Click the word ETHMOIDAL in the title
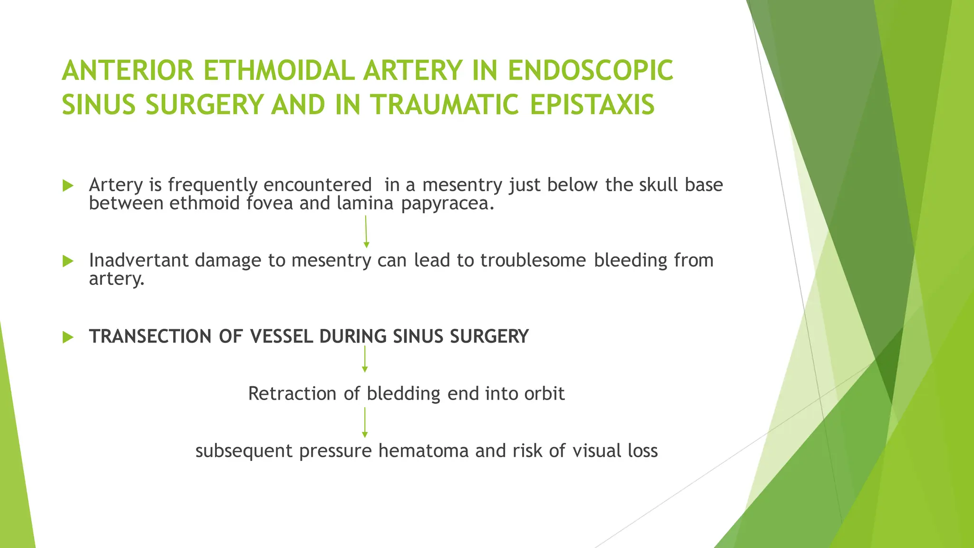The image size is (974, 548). tap(279, 70)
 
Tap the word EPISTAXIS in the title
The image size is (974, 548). tap(592, 105)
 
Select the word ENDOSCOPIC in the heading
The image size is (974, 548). tap(590, 70)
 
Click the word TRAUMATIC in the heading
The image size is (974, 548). tap(444, 105)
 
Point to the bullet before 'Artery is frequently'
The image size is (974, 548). tap(68, 186)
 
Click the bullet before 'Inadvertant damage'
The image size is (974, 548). tap(68, 261)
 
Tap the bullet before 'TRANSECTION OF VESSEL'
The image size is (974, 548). tap(68, 337)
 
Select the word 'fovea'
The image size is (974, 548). tap(269, 203)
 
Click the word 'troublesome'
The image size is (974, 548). tap(533, 260)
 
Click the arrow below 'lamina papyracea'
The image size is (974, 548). tap(366, 232)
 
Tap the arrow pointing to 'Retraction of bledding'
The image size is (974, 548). tap(365, 359)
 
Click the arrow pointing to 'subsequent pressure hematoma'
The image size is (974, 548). tap(365, 422)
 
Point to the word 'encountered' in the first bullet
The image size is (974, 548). tap(317, 185)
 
